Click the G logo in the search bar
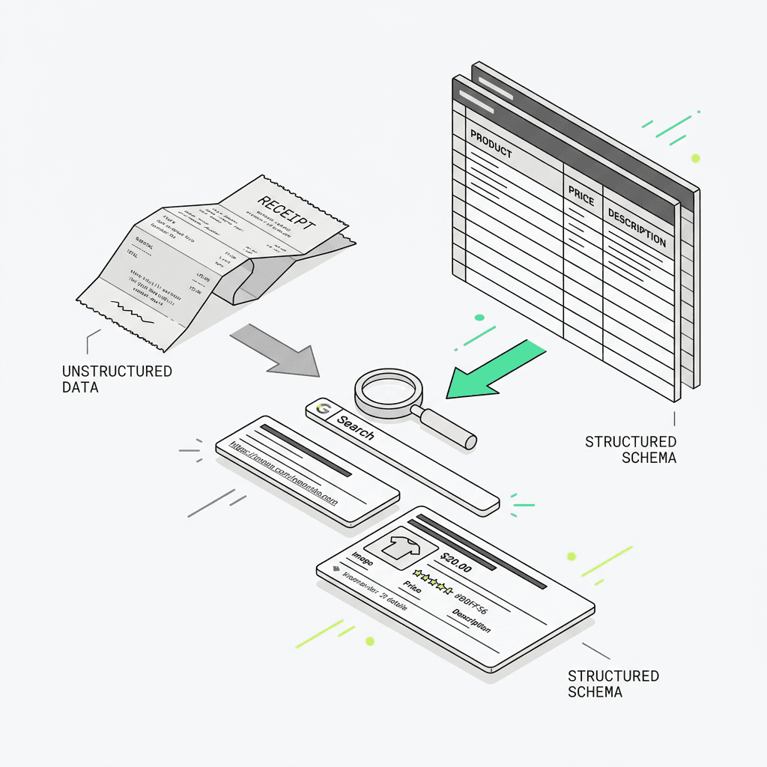click(324, 408)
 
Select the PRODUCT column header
click(491, 145)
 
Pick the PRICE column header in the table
click(581, 197)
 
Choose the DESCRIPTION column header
click(637, 228)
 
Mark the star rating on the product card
click(433, 583)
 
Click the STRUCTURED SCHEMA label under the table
click(631, 449)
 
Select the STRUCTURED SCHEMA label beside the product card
click(613, 684)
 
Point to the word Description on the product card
click(472, 622)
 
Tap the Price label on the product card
click(413, 587)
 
